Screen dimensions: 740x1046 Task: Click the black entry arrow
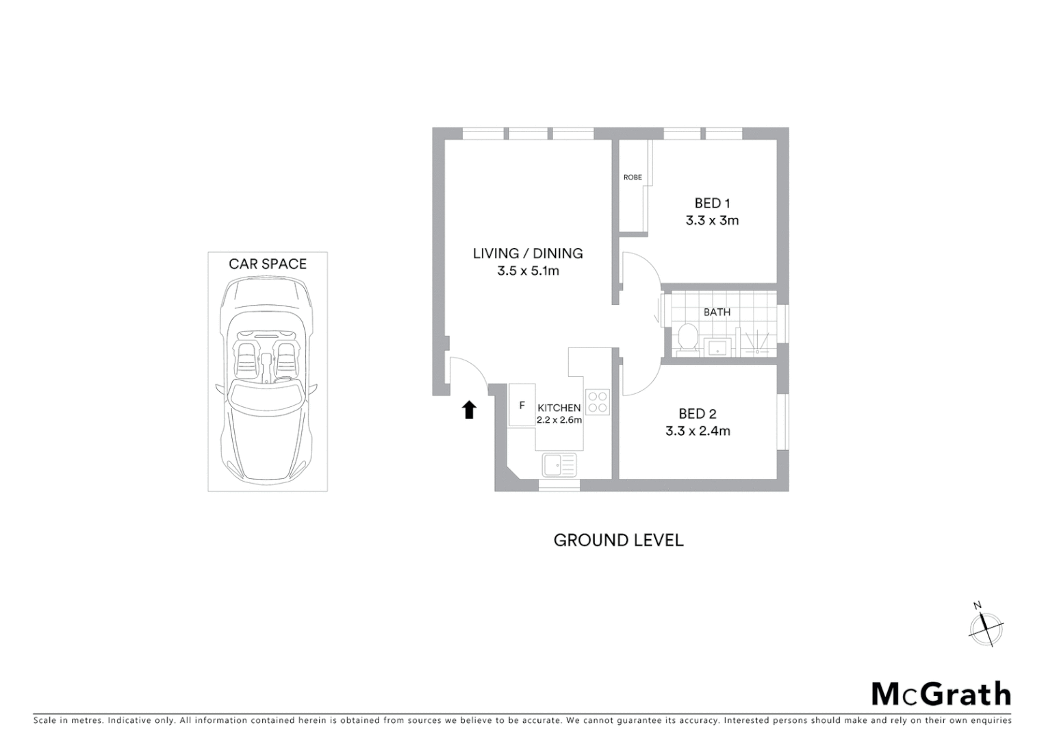coord(469,410)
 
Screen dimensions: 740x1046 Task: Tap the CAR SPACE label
coord(268,264)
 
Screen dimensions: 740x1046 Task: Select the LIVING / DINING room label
coord(528,254)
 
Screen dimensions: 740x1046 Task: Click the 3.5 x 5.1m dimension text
coord(528,271)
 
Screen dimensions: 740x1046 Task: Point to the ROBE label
coord(633,177)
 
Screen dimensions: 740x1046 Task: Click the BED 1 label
coord(712,203)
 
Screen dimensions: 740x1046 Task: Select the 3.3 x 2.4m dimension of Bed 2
coord(698,431)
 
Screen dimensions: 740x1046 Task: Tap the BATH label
coord(717,312)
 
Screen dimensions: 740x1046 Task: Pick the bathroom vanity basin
coord(717,347)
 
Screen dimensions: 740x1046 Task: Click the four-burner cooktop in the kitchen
coord(598,402)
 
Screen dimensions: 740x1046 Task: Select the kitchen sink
coord(559,465)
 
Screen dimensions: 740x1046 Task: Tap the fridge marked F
coord(522,406)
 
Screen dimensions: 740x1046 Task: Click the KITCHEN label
coord(559,408)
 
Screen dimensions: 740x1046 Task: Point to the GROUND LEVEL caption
coord(618,540)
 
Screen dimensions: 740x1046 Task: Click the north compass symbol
coord(986,626)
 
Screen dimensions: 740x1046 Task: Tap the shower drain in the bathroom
coord(757,351)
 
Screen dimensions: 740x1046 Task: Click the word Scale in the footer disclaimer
coord(45,720)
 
